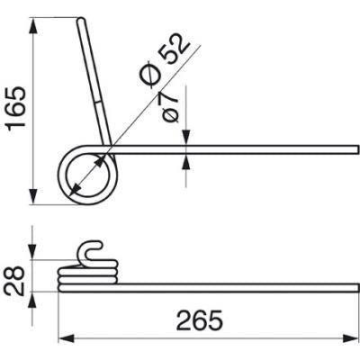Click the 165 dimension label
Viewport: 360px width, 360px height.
pyautogui.click(x=17, y=109)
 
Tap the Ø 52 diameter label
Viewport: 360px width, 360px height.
pyautogui.click(x=165, y=61)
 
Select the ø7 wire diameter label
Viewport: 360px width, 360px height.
pyautogui.click(x=170, y=106)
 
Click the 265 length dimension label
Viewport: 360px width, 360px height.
pyautogui.click(x=200, y=319)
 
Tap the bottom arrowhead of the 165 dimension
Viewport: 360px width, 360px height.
pyautogui.click(x=33, y=196)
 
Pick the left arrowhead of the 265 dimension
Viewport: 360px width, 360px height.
pyautogui.click(x=67, y=339)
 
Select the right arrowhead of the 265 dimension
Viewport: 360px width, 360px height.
pyautogui.click(x=351, y=339)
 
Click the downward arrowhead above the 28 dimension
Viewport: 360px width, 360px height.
pyautogui.click(x=32, y=251)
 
